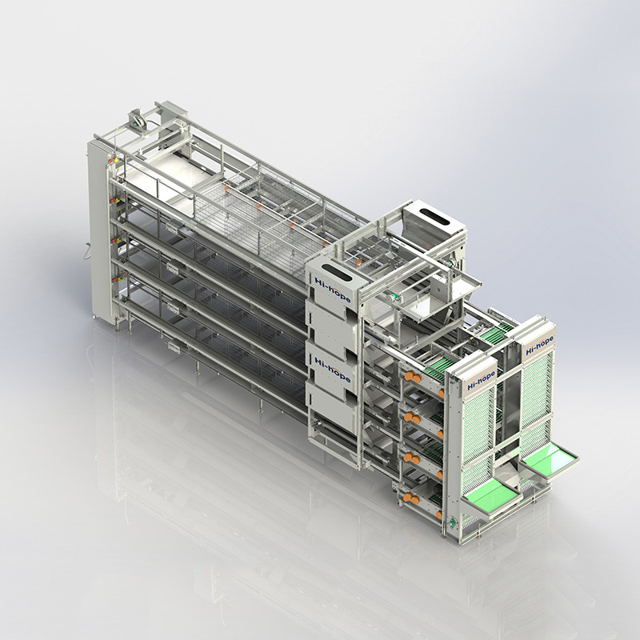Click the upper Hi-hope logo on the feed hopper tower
tap(332, 290)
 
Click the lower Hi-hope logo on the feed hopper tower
tap(332, 370)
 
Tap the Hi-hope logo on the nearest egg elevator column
tap(482, 381)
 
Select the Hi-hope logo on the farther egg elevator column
tap(539, 346)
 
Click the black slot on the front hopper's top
tap(337, 272)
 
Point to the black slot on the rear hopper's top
tap(434, 217)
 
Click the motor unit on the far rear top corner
tap(135, 118)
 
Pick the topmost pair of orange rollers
tap(413, 377)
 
